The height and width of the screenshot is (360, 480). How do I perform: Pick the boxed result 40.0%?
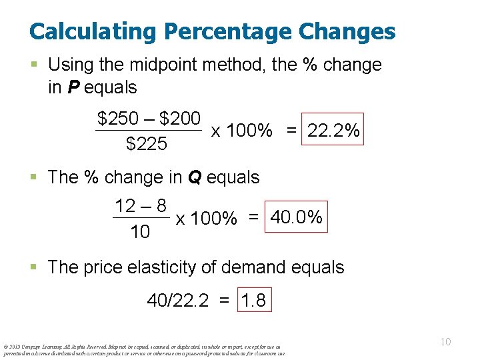click(x=297, y=217)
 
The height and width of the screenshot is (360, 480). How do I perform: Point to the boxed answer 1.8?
click(x=253, y=301)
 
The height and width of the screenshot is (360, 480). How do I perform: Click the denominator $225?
click(x=147, y=143)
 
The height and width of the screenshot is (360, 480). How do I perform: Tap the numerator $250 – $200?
click(x=149, y=119)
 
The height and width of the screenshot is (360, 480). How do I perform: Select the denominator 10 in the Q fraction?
click(x=141, y=231)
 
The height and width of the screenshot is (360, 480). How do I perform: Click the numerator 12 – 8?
click(x=141, y=205)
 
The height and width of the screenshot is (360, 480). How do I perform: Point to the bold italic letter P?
click(x=75, y=87)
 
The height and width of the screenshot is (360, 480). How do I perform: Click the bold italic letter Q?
click(x=195, y=177)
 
